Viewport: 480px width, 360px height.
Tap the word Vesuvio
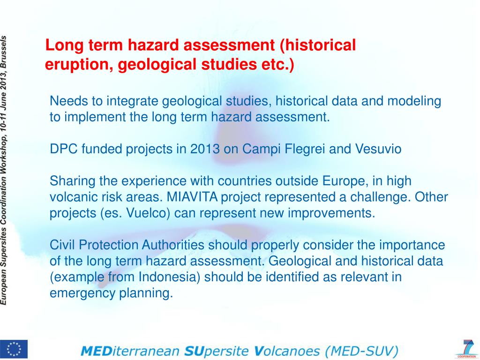click(x=379, y=149)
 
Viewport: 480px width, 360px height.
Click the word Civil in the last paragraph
click(x=62, y=245)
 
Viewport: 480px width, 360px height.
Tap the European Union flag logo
click(x=14, y=349)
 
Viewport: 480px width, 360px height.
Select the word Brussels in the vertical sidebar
click(x=5, y=52)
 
